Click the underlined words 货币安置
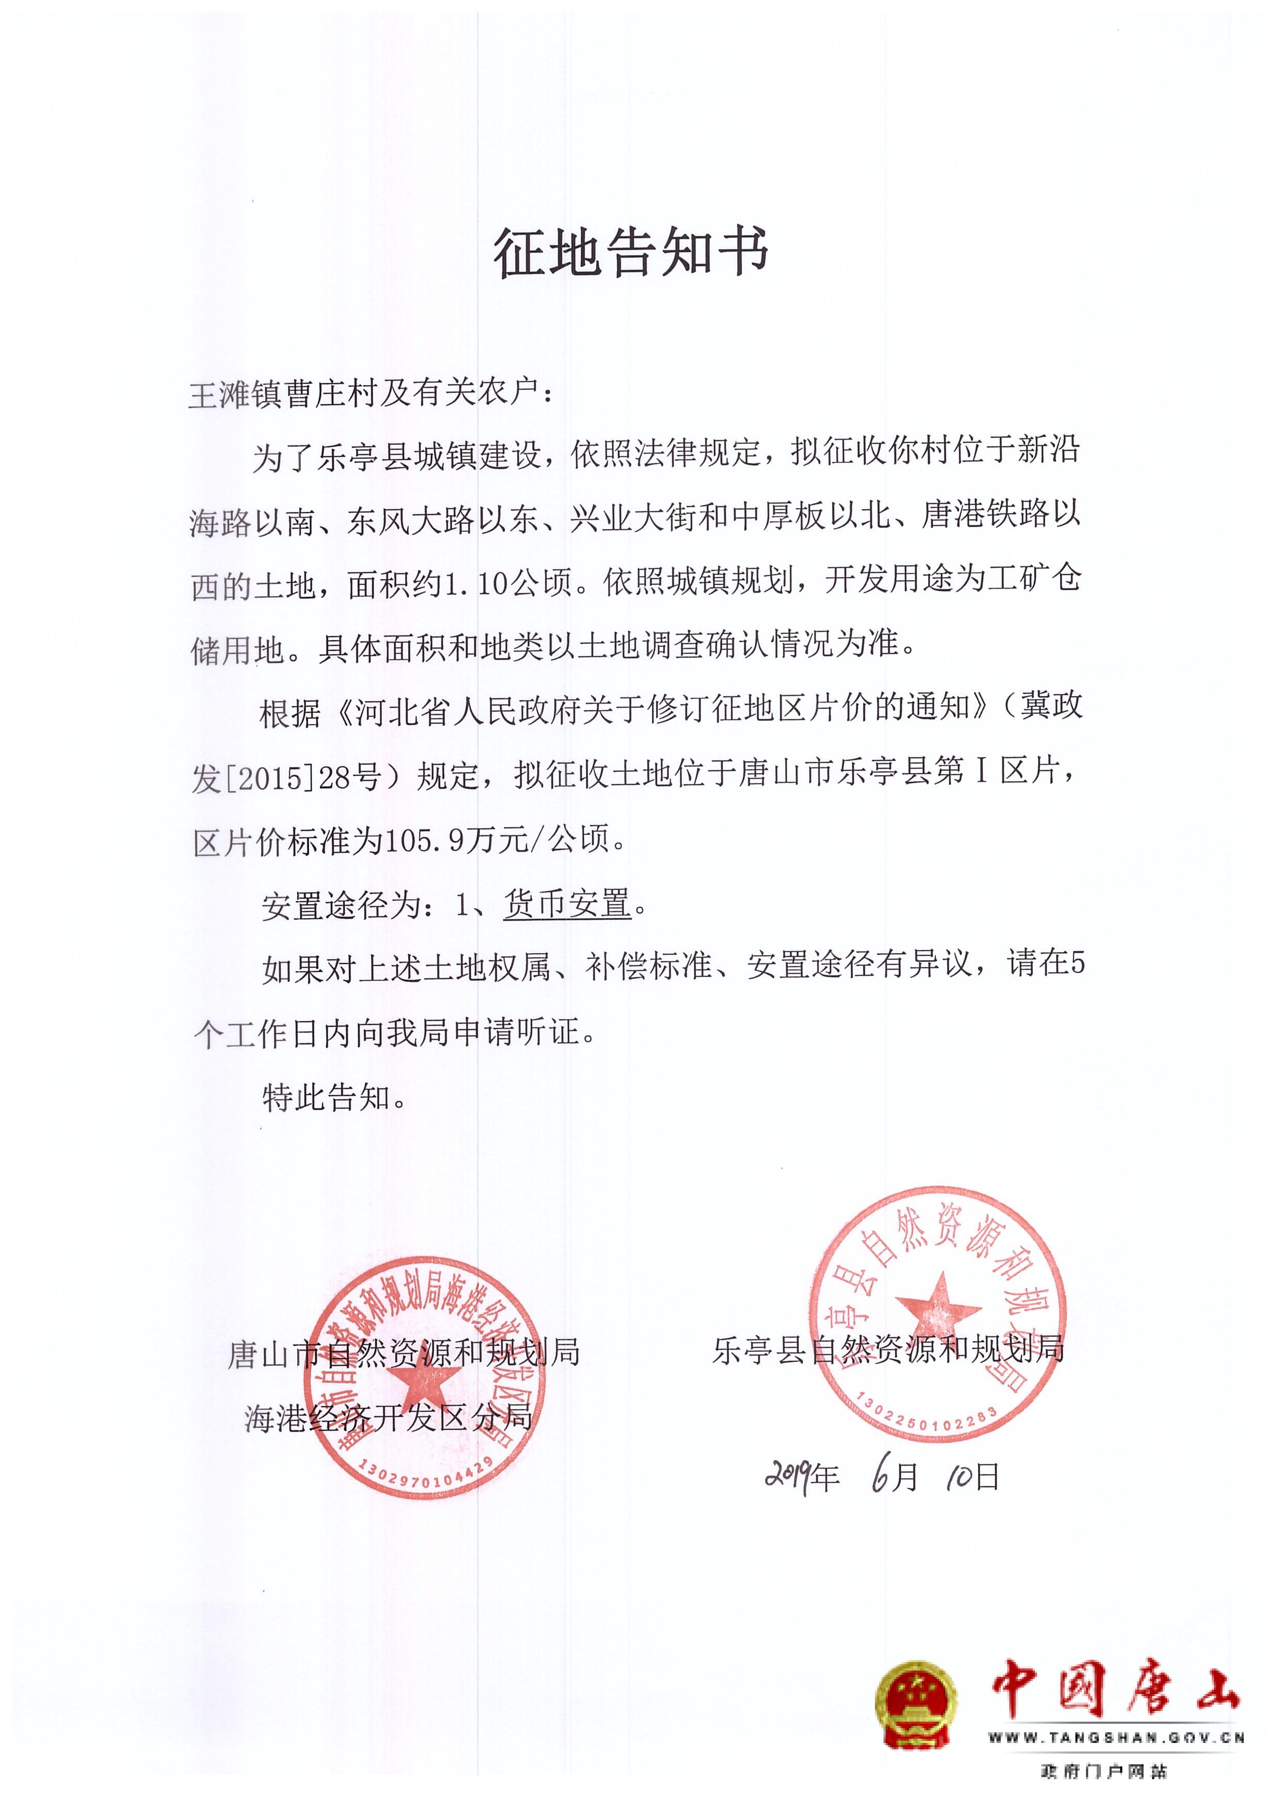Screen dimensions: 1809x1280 click(568, 904)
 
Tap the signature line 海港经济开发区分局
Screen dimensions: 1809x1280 click(389, 1418)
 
